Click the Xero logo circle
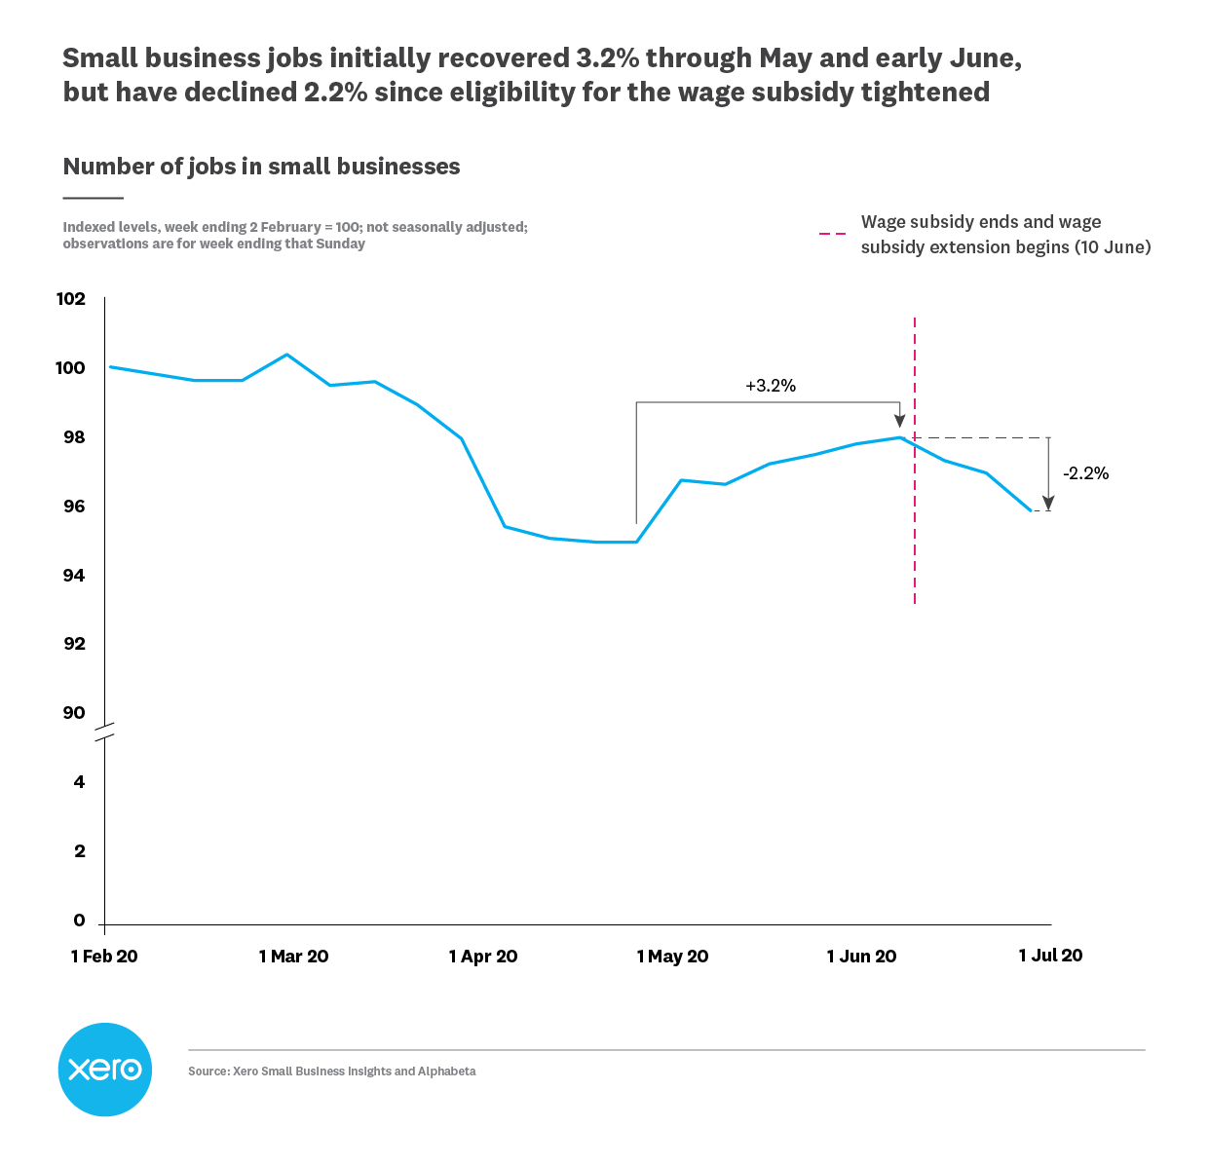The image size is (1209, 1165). pyautogui.click(x=105, y=1070)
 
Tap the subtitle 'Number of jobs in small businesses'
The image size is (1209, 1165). pyautogui.click(x=261, y=167)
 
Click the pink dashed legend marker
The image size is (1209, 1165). pyautogui.click(x=832, y=235)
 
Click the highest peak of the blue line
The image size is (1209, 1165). pyautogui.click(x=286, y=355)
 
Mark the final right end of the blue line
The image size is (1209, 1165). pyautogui.click(x=1031, y=509)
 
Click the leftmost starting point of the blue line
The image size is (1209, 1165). pyautogui.click(x=110, y=367)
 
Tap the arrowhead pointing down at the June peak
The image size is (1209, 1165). pyautogui.click(x=899, y=421)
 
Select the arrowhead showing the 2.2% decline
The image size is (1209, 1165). pyautogui.click(x=1048, y=502)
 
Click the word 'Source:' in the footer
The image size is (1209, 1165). pyautogui.click(x=208, y=1071)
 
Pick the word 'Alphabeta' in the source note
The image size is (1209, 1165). pyautogui.click(x=446, y=1071)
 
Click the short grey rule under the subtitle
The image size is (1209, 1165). pyautogui.click(x=93, y=198)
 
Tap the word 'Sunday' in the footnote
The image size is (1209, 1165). pyautogui.click(x=340, y=244)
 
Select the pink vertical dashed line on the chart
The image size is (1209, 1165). pyautogui.click(x=915, y=545)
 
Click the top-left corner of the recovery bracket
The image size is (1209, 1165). pyautogui.click(x=636, y=402)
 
